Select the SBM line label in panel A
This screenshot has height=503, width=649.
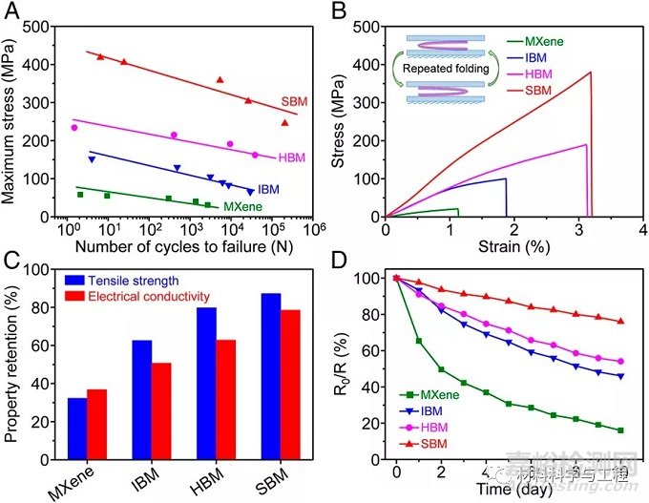click(292, 101)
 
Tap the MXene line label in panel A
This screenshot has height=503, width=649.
click(242, 205)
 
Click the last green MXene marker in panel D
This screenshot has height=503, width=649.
click(621, 430)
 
